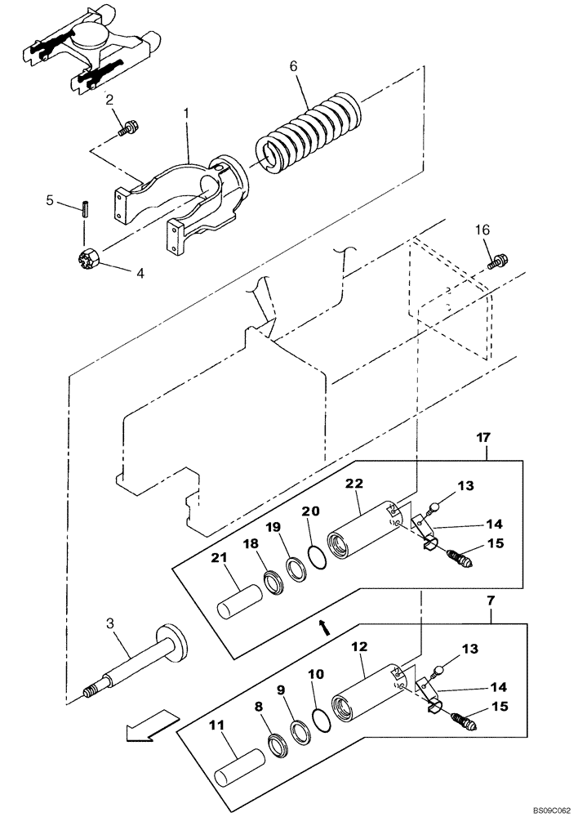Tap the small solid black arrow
324,627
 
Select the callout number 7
489,600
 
